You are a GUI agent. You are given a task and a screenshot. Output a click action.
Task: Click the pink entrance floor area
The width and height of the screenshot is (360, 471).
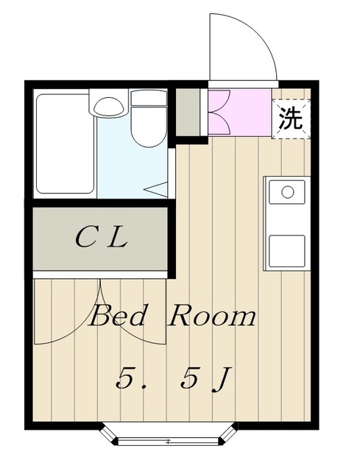[x=239, y=110]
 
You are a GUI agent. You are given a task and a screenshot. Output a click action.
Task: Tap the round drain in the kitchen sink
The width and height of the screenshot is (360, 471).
[x=288, y=193]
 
